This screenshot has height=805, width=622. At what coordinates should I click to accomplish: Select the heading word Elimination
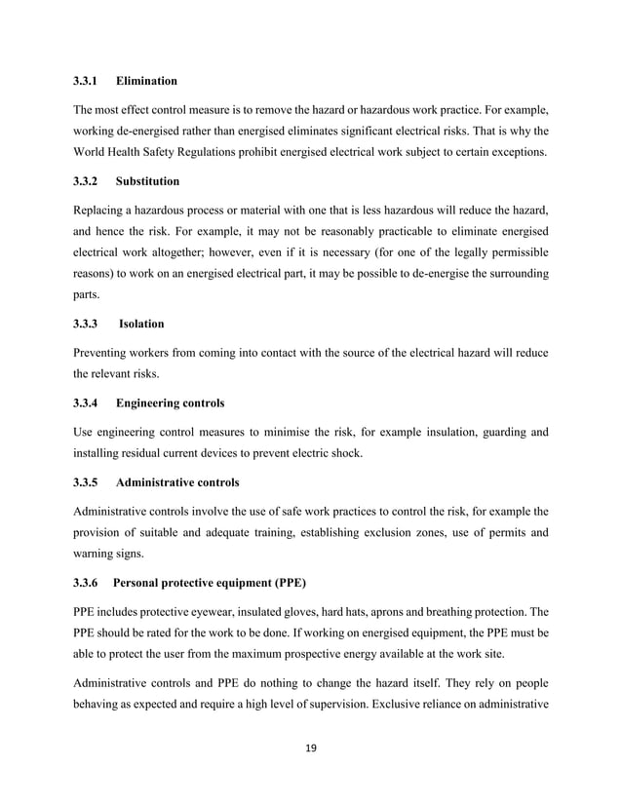[146, 79]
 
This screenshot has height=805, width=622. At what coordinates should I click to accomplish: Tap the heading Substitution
[147, 180]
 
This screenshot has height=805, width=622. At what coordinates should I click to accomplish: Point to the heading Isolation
[141, 324]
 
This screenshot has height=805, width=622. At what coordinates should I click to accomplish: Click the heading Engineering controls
[170, 402]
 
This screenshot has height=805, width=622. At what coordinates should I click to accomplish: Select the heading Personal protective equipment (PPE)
[210, 584]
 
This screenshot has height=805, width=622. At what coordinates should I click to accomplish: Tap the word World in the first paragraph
[93, 153]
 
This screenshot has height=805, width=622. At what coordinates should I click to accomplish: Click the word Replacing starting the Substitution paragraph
[102, 210]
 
